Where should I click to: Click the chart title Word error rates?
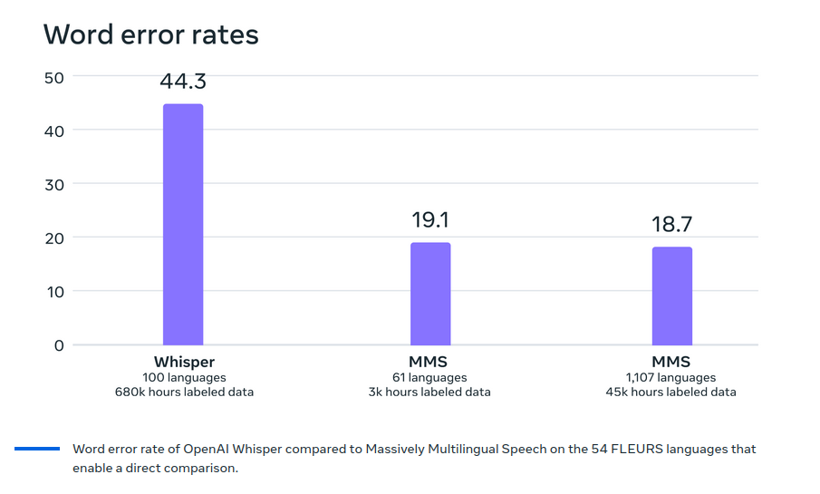151,34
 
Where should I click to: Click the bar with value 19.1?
430,294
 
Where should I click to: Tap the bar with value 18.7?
671,295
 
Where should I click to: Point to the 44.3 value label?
183,82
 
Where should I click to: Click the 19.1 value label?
430,220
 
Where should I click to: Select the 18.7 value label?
671,225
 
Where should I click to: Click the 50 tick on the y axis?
53,77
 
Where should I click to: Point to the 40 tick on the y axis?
53,131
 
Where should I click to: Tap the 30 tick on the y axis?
53,184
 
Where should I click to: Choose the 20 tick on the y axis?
53,237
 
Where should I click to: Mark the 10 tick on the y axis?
53,291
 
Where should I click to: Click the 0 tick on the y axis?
58,344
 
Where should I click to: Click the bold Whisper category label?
184,363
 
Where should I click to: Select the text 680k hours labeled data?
184,392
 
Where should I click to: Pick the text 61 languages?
430,378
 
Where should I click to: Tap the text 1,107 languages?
671,378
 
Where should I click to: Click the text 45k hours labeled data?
671,392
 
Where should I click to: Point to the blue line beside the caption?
37,449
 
